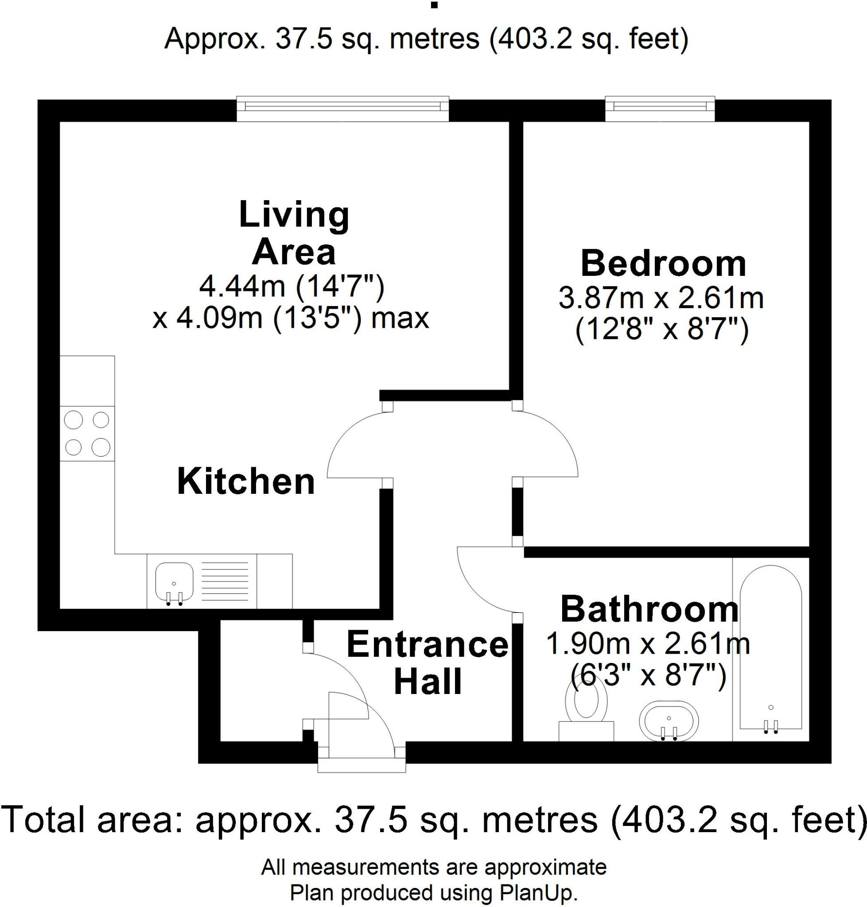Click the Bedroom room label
(x=663, y=264)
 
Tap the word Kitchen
(x=246, y=482)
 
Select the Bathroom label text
(x=649, y=610)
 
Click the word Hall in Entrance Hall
(x=428, y=682)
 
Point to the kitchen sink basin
(x=174, y=580)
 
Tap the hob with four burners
(x=87, y=434)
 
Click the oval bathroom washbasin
(x=669, y=721)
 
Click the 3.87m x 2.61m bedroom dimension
(x=661, y=298)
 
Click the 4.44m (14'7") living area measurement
(x=292, y=287)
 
